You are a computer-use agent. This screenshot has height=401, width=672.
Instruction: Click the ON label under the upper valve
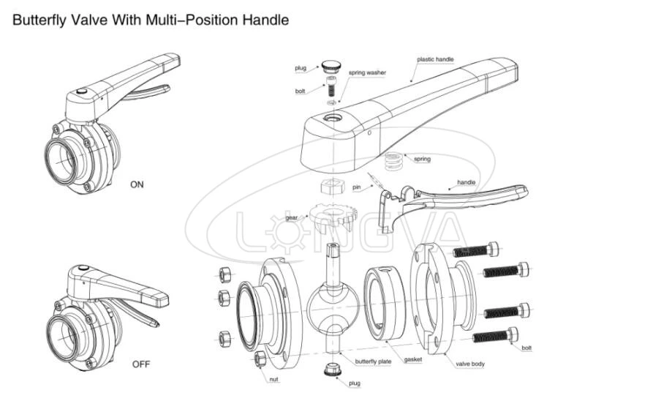click(x=137, y=184)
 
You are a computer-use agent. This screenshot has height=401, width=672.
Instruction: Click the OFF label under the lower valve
click(x=141, y=364)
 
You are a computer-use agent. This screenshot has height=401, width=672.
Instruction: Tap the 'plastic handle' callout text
click(x=436, y=59)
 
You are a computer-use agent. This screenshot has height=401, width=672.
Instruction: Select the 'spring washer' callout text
click(x=368, y=72)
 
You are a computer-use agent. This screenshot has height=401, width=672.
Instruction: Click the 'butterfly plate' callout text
click(x=374, y=361)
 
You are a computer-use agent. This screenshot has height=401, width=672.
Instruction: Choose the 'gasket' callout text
click(x=412, y=359)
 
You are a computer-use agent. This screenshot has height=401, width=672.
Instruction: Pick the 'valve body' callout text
click(x=471, y=364)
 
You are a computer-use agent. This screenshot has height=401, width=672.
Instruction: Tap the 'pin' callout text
click(x=357, y=187)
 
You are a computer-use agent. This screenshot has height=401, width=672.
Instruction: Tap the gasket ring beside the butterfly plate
click(x=383, y=304)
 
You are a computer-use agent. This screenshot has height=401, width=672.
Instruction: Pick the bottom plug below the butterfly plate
click(x=333, y=368)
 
